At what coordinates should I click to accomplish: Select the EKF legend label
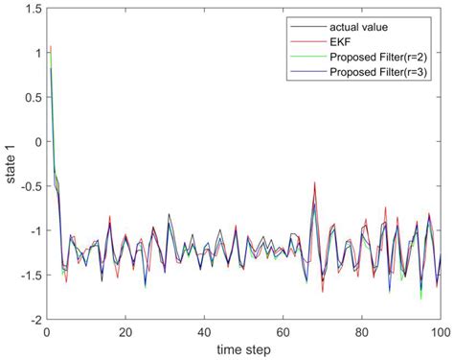tap(340, 41)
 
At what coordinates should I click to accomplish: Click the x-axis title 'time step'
tap(242, 348)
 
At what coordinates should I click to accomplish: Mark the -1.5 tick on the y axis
tap(28, 275)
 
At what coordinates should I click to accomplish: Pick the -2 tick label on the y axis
tap(33, 319)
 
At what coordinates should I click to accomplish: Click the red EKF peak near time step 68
tap(314, 181)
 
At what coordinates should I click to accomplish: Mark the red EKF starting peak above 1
tap(50, 46)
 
